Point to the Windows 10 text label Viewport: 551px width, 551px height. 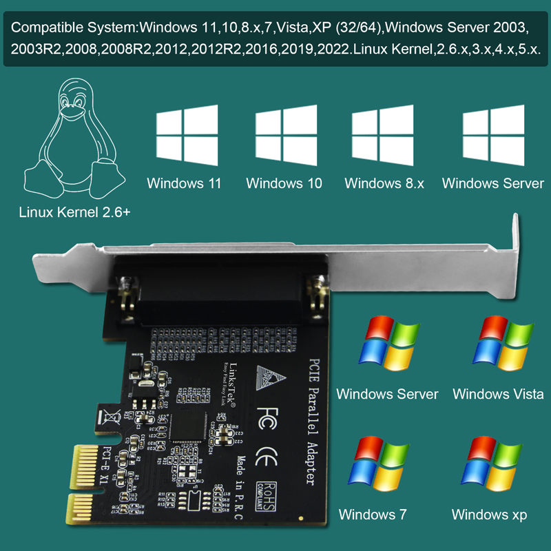284,184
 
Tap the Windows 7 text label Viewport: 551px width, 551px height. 373,514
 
